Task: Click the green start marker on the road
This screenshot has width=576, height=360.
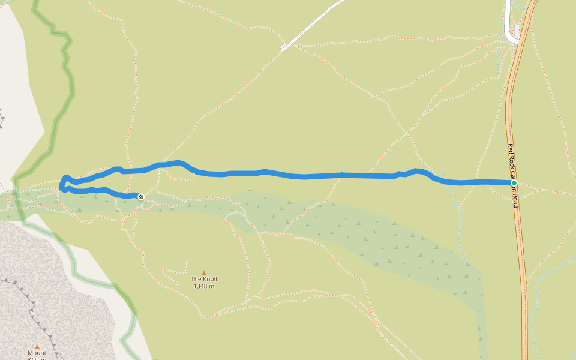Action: point(514,183)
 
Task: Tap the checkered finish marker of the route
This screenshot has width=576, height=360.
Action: point(141,197)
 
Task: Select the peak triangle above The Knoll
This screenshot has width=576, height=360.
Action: point(203,273)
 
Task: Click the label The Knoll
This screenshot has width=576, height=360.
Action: point(203,280)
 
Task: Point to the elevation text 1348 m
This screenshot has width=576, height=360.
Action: point(203,286)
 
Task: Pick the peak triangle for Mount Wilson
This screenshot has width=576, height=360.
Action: point(37,346)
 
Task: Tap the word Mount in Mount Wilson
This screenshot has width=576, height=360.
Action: point(37,353)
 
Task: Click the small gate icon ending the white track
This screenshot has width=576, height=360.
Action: point(283,47)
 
